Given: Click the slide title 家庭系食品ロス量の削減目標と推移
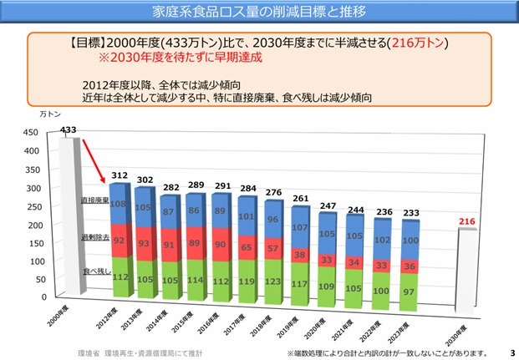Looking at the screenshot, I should [x=259, y=13].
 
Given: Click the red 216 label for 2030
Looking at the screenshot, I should [x=468, y=221].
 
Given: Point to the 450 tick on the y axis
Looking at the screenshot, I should [x=30, y=133].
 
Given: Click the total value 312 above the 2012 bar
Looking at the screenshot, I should [x=120, y=175].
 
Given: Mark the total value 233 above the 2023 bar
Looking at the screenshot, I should [x=410, y=213].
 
